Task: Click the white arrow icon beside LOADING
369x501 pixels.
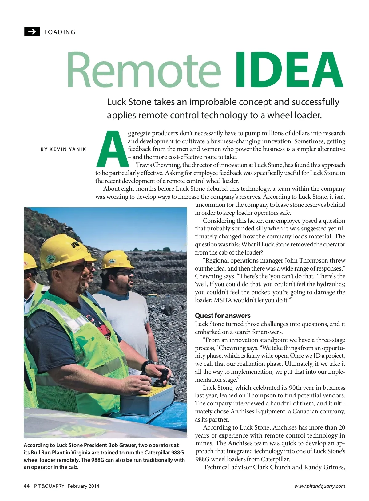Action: point(32,32)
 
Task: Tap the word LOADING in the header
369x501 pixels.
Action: point(60,32)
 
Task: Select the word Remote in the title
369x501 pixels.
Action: point(144,70)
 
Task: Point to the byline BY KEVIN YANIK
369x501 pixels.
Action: point(63,149)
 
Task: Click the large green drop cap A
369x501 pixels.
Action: point(112,149)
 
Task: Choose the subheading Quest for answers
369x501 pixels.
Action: point(223,316)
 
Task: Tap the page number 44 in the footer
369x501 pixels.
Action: point(27,486)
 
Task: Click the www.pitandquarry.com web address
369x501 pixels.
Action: point(319,486)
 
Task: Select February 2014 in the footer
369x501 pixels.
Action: point(83,486)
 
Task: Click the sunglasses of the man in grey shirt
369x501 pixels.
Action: point(125,272)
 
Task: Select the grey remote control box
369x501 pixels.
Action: point(148,401)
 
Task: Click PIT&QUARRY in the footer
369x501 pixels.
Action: point(49,486)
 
